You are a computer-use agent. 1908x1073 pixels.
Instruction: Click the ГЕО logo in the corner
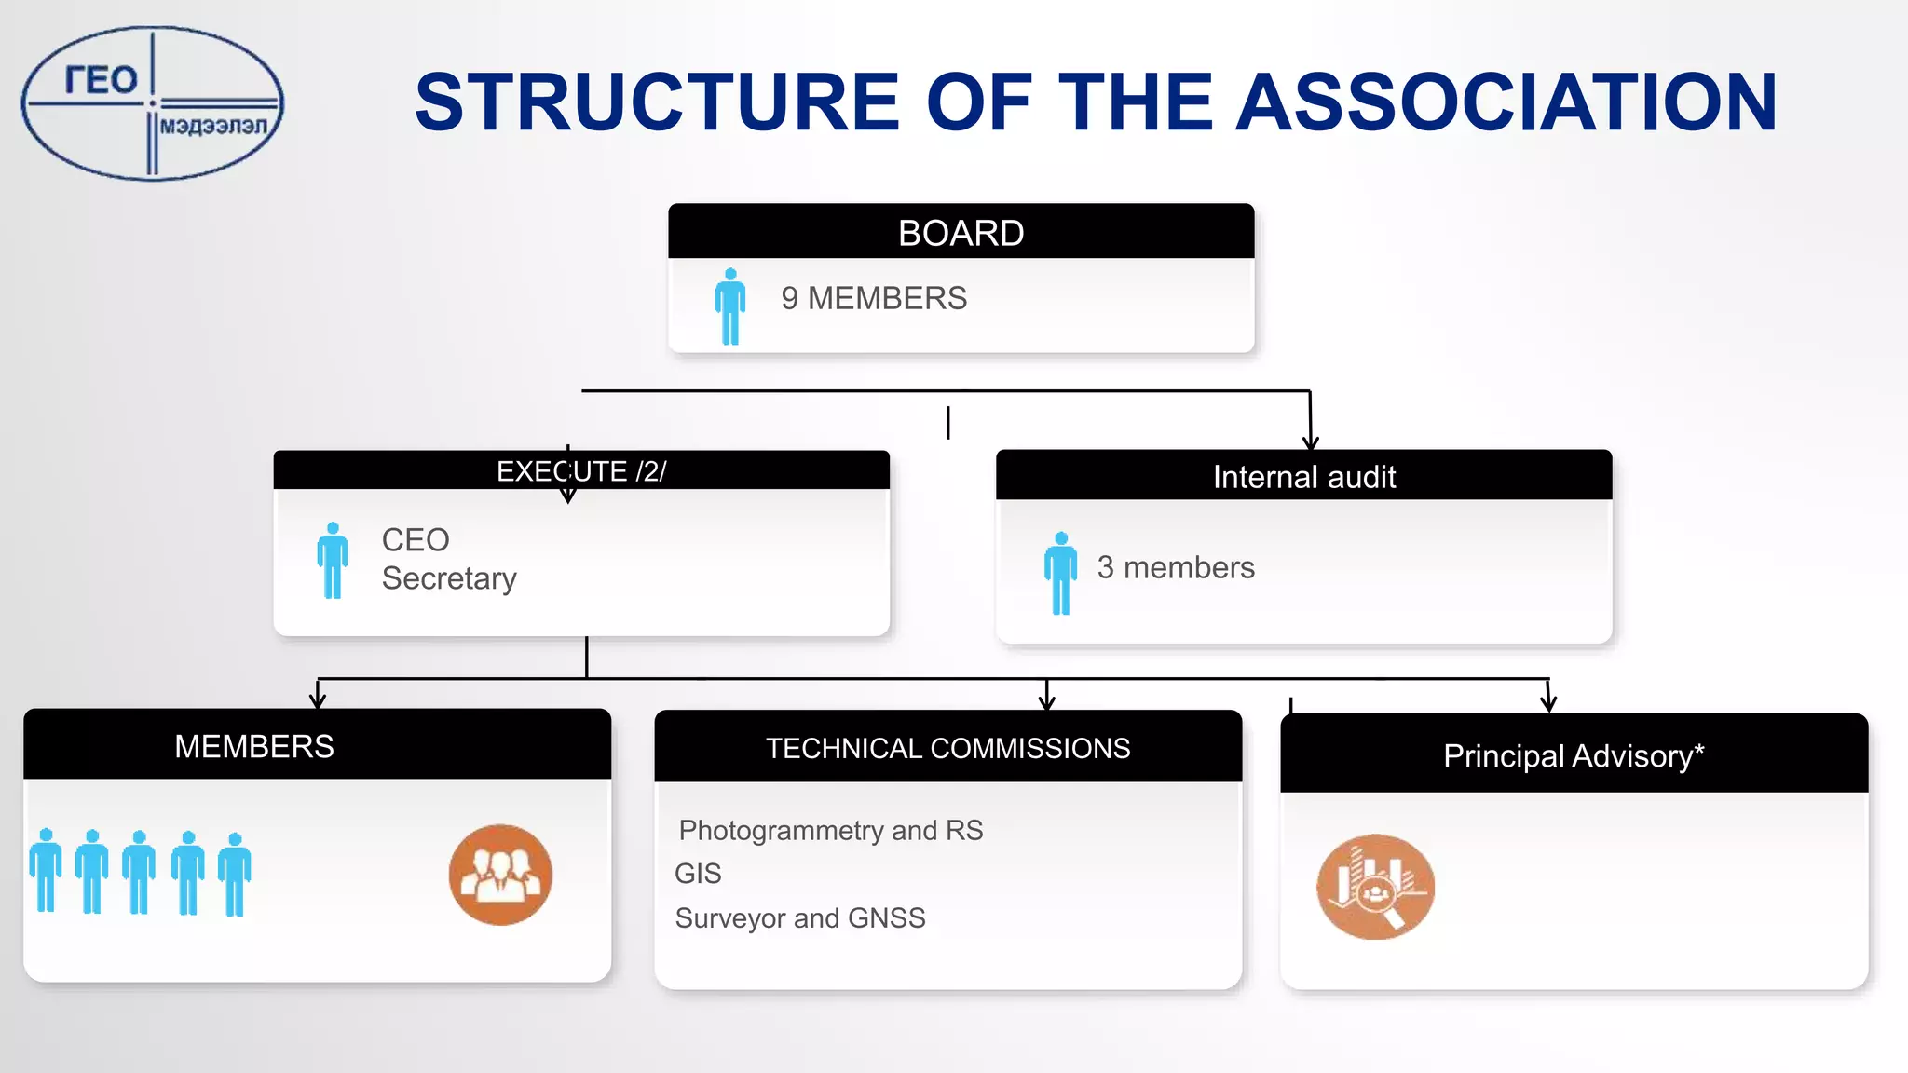tap(152, 103)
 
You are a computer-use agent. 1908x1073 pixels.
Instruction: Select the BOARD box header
tap(961, 233)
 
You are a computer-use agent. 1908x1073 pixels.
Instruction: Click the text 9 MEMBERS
tap(874, 299)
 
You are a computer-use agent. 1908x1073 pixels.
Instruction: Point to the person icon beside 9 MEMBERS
tap(730, 306)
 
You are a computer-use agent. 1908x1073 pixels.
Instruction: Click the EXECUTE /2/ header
tap(581, 471)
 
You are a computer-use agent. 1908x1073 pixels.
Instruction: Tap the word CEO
tap(416, 540)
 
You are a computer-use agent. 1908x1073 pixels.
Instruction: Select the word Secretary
tap(449, 578)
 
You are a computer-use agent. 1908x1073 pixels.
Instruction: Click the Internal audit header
tap(1303, 477)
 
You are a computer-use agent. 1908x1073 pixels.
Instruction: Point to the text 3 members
tap(1176, 568)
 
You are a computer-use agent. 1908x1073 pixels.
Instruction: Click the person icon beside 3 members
tap(1060, 573)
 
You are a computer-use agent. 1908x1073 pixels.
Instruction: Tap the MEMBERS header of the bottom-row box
tap(254, 746)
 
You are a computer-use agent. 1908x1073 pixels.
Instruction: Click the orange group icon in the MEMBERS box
tap(500, 875)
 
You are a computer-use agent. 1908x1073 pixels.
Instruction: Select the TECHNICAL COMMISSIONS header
tap(947, 748)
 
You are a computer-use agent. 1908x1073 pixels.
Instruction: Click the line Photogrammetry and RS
tap(831, 830)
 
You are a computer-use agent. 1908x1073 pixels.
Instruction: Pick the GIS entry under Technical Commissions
tap(698, 874)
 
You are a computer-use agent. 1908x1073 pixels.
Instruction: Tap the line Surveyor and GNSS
tap(800, 918)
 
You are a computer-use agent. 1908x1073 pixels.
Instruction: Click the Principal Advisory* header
tap(1574, 755)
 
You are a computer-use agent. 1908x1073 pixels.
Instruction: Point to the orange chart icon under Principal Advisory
tap(1375, 887)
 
